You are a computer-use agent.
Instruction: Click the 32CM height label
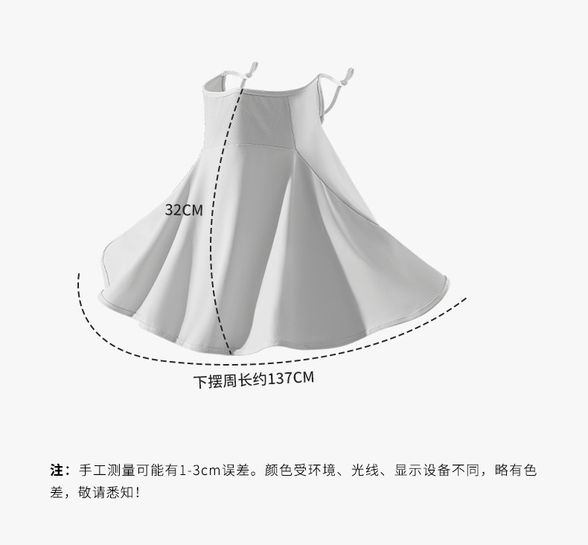click(183, 210)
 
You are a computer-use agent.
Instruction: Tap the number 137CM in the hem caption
click(290, 378)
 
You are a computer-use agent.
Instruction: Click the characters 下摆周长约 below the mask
click(230, 380)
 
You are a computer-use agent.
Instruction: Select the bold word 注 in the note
click(56, 470)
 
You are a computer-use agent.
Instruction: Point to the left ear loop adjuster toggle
click(252, 68)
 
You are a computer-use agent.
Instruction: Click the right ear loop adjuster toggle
click(346, 74)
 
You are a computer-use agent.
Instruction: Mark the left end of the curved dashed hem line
click(79, 275)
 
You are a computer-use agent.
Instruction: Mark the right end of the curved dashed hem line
click(465, 299)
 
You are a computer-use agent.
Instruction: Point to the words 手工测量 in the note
click(103, 470)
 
